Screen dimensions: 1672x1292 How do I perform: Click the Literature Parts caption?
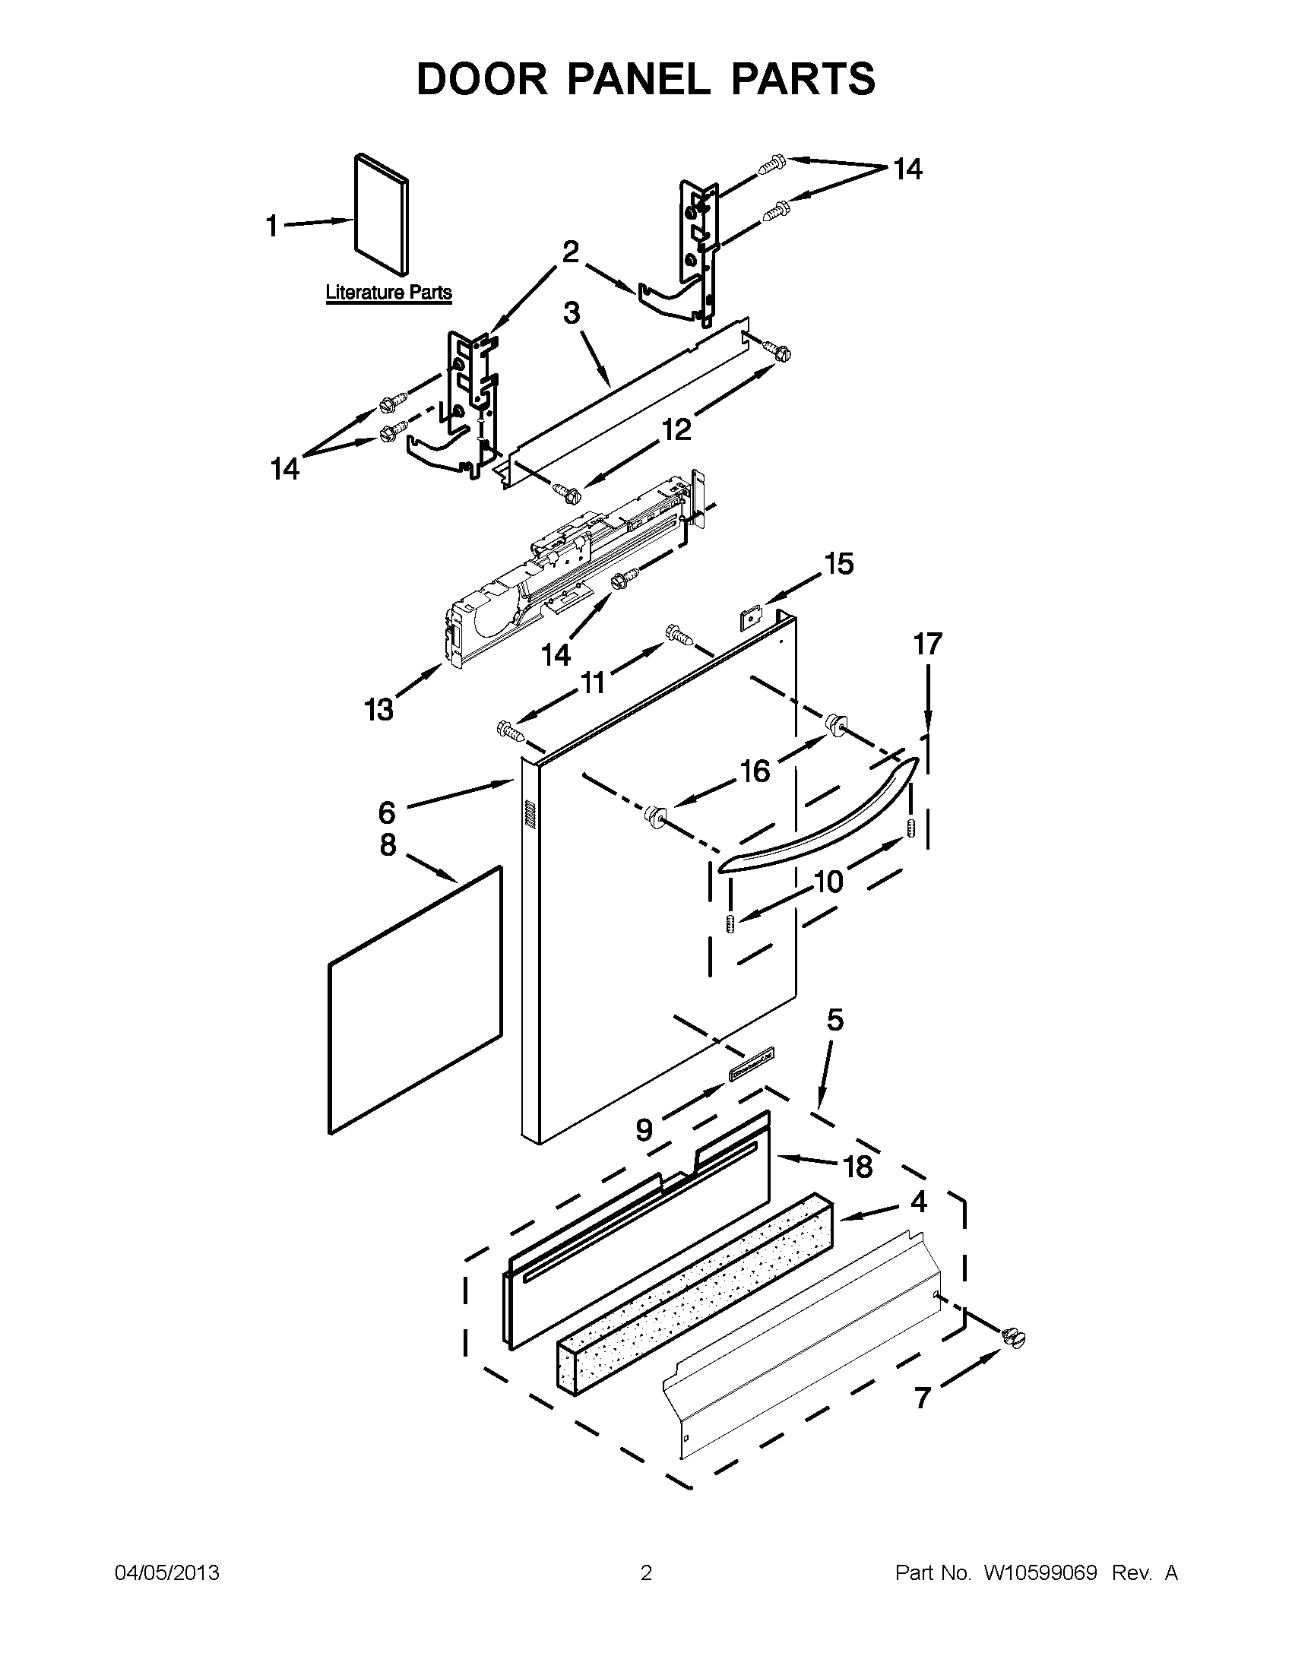(x=389, y=293)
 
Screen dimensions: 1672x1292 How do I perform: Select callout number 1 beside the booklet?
(x=272, y=226)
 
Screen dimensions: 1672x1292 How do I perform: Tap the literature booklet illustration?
(x=382, y=214)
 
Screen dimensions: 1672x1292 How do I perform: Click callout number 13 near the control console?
(x=379, y=710)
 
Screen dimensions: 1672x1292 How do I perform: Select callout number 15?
(x=838, y=564)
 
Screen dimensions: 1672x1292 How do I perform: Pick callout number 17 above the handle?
(x=927, y=644)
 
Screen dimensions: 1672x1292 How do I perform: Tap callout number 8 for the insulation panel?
(x=388, y=844)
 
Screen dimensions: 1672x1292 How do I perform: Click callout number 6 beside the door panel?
(x=388, y=812)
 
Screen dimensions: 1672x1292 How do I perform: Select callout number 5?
(x=835, y=1020)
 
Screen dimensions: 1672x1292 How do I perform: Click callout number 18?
(x=857, y=1167)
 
